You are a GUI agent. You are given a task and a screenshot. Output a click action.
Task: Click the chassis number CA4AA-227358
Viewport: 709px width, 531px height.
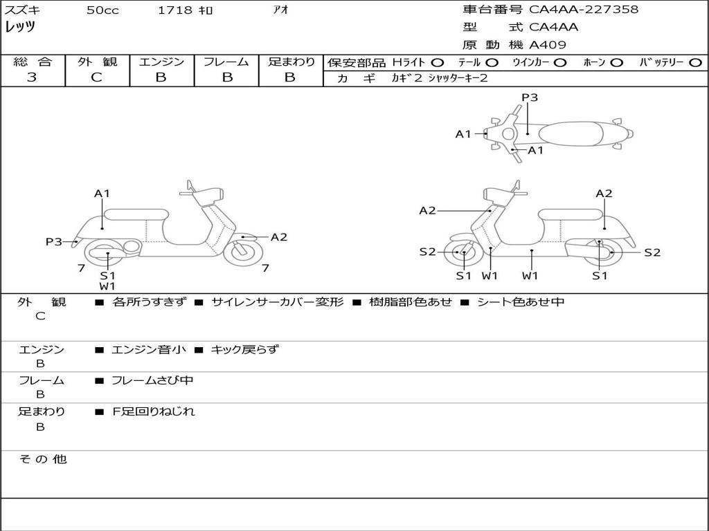pyautogui.click(x=584, y=10)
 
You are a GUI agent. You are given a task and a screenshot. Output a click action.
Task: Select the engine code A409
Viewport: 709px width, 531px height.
pyautogui.click(x=548, y=45)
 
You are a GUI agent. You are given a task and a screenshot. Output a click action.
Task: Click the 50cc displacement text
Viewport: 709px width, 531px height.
pyautogui.click(x=102, y=10)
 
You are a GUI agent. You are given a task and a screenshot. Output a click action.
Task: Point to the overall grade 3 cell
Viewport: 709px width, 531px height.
pyautogui.click(x=32, y=77)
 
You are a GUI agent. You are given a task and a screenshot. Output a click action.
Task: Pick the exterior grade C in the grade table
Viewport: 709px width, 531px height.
pyautogui.click(x=96, y=77)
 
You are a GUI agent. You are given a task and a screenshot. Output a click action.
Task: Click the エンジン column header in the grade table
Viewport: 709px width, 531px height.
pyautogui.click(x=161, y=62)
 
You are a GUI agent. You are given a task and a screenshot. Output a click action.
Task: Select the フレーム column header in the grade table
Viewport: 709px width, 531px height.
pyautogui.click(x=226, y=62)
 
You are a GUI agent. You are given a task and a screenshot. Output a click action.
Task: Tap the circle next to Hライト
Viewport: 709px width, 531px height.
pyautogui.click(x=438, y=62)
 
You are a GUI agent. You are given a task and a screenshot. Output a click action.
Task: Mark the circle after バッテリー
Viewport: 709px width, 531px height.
pyautogui.click(x=696, y=62)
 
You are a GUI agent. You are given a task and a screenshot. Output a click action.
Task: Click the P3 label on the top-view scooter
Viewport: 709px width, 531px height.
pyautogui.click(x=530, y=97)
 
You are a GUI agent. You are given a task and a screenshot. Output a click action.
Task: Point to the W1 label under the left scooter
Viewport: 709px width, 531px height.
pyautogui.click(x=107, y=286)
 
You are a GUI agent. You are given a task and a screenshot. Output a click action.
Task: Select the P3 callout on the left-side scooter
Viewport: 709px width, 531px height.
pyautogui.click(x=54, y=241)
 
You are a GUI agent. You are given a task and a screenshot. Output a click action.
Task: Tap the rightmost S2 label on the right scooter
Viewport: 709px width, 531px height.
pyautogui.click(x=652, y=252)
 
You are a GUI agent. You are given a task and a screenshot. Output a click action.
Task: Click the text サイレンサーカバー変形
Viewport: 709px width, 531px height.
pyautogui.click(x=277, y=302)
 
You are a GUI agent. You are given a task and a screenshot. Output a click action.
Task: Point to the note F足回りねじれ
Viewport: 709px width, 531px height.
pyautogui.click(x=154, y=411)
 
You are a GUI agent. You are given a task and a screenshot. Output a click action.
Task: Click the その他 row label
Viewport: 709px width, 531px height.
pyautogui.click(x=42, y=459)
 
